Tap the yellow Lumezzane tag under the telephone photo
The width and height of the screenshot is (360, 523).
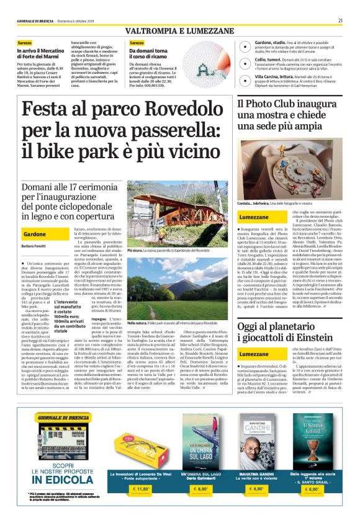(254, 217)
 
